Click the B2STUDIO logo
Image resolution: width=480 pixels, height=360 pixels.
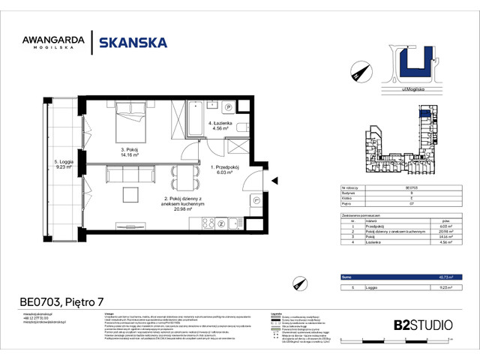[x=423, y=325]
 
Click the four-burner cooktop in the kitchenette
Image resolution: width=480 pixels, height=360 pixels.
[x=222, y=223]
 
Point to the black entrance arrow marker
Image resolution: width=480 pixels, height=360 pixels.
[x=274, y=179]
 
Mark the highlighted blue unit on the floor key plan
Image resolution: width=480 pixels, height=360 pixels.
[x=425, y=114]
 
